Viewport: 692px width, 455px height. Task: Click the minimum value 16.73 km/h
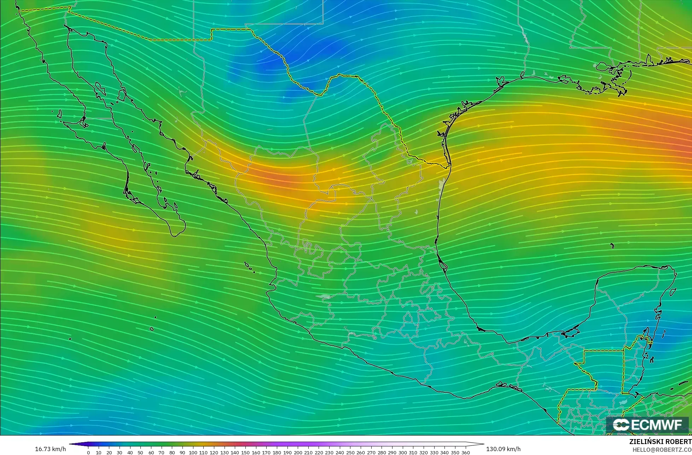[x=50, y=449]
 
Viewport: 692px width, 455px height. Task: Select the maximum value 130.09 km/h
[x=504, y=449]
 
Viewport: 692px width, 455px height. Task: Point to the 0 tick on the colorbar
[x=88, y=452]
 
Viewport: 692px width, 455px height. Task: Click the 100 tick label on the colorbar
[x=193, y=452]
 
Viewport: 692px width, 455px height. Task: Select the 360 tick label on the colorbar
[x=466, y=452]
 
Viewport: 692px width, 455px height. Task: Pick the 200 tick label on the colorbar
[x=298, y=452]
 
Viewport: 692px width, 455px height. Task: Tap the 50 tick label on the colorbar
[x=140, y=452]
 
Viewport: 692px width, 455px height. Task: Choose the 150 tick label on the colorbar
[x=245, y=452]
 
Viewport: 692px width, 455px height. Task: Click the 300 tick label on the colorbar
[x=403, y=452]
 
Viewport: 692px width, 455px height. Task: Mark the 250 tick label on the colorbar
[x=350, y=452]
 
